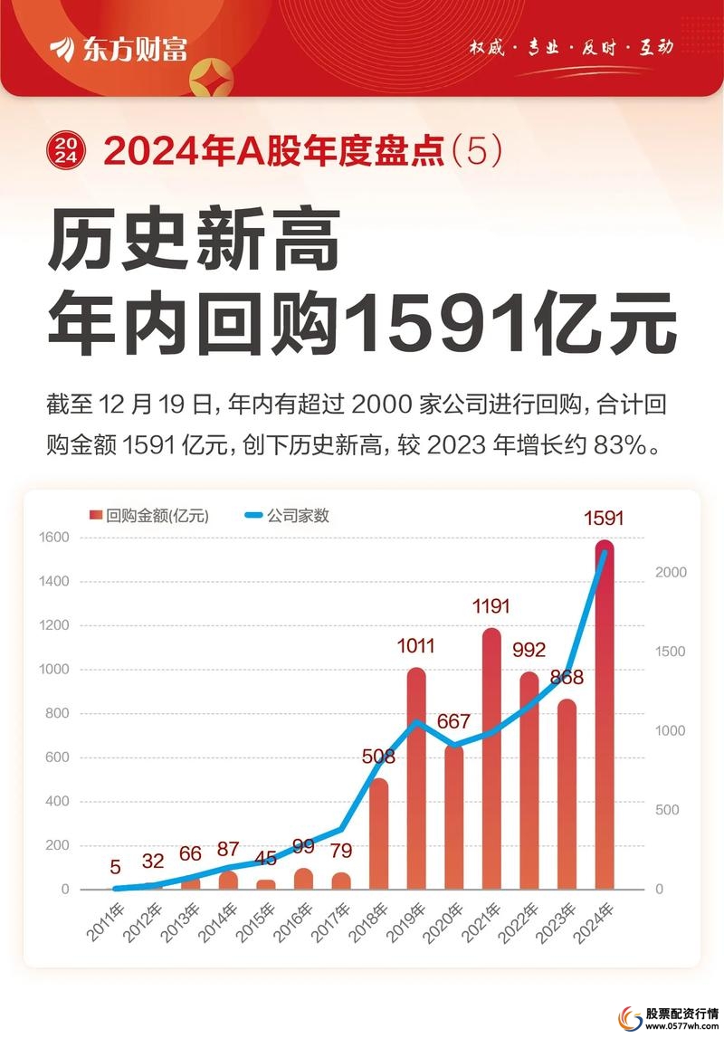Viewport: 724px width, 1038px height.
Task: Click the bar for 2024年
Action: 605,715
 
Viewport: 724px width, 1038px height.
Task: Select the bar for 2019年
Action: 416,778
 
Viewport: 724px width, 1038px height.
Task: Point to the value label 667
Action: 453,721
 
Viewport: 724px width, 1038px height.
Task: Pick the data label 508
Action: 379,756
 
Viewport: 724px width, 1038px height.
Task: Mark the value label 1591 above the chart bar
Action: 604,519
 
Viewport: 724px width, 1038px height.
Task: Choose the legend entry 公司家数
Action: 287,516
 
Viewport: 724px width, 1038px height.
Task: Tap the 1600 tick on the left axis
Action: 54,538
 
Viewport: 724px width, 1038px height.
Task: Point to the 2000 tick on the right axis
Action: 672,573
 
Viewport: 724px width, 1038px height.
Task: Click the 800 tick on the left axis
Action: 58,713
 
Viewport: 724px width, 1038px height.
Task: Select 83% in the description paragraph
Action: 621,446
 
